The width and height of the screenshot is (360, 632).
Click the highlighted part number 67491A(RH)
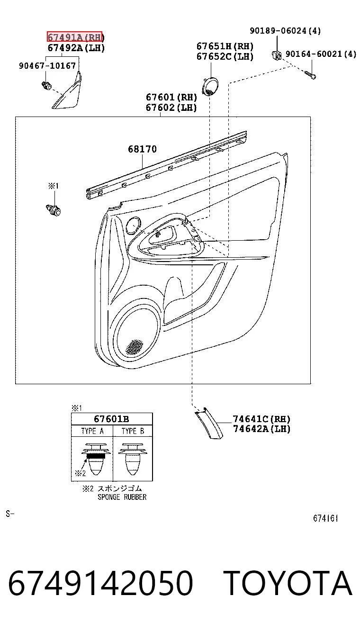point(74,36)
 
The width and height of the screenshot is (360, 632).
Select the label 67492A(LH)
point(76,48)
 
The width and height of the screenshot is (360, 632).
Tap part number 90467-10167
point(47,66)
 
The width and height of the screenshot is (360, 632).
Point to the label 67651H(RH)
point(225,46)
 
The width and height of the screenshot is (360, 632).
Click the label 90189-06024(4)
point(285,30)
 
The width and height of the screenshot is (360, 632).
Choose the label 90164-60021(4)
point(321,54)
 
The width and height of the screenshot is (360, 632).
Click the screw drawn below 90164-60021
point(310,75)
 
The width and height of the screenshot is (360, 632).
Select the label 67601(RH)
point(171,97)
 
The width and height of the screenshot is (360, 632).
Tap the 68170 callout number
point(142,149)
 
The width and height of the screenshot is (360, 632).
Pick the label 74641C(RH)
point(261,419)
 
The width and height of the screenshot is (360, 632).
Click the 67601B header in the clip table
point(111,419)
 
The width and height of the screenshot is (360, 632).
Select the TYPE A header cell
point(92,431)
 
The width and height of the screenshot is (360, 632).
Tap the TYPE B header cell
point(133,431)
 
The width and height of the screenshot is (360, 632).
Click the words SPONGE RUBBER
point(122,497)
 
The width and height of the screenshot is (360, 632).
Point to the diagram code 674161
point(325,518)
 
